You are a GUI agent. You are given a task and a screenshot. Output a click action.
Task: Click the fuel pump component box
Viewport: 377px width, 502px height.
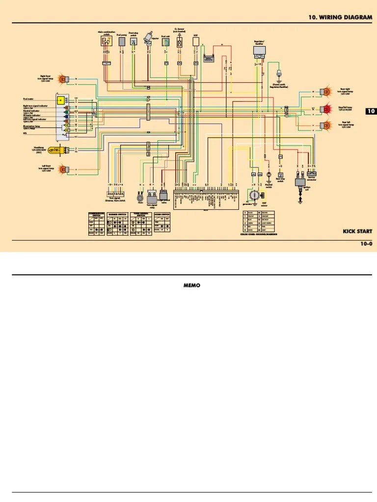click(x=121, y=42)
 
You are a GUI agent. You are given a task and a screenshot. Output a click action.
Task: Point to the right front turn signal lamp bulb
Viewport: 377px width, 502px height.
click(x=62, y=78)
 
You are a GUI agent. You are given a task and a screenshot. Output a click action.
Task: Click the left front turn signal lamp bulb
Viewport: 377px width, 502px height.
click(x=62, y=170)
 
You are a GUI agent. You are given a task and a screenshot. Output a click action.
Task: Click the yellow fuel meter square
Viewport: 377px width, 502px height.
click(x=60, y=100)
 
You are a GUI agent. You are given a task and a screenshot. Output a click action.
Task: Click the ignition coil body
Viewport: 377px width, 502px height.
click(x=299, y=182)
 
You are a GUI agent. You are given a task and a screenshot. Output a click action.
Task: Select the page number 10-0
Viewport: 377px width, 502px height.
click(x=366, y=244)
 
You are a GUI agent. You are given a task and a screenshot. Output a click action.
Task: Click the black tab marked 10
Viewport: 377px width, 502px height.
click(x=371, y=111)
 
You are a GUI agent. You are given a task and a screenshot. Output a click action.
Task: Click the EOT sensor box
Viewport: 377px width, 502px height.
click(x=195, y=43)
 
